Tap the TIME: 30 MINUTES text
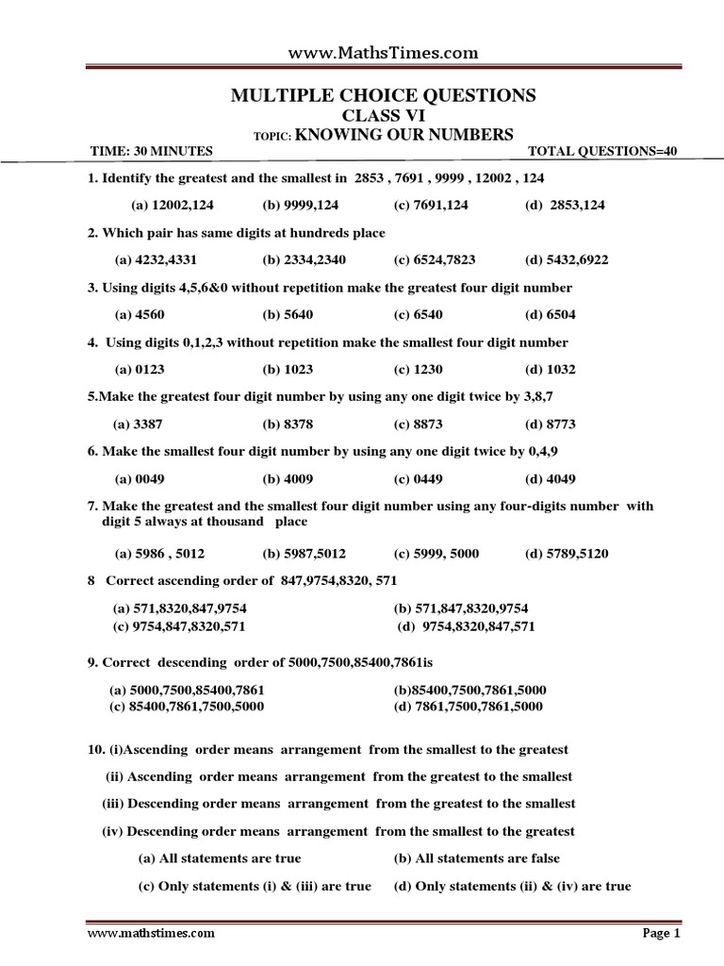click(x=151, y=152)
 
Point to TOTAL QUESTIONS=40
click(x=602, y=152)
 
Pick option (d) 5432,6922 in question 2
click(x=572, y=259)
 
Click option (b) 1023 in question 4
click(x=286, y=370)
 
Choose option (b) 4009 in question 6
click(x=287, y=478)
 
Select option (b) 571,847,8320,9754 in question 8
click(x=460, y=608)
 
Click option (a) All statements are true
click(x=220, y=858)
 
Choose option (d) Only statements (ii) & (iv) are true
click(x=512, y=886)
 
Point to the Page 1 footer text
click(x=661, y=934)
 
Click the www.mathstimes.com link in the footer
click(x=151, y=934)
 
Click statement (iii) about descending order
click(x=338, y=804)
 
